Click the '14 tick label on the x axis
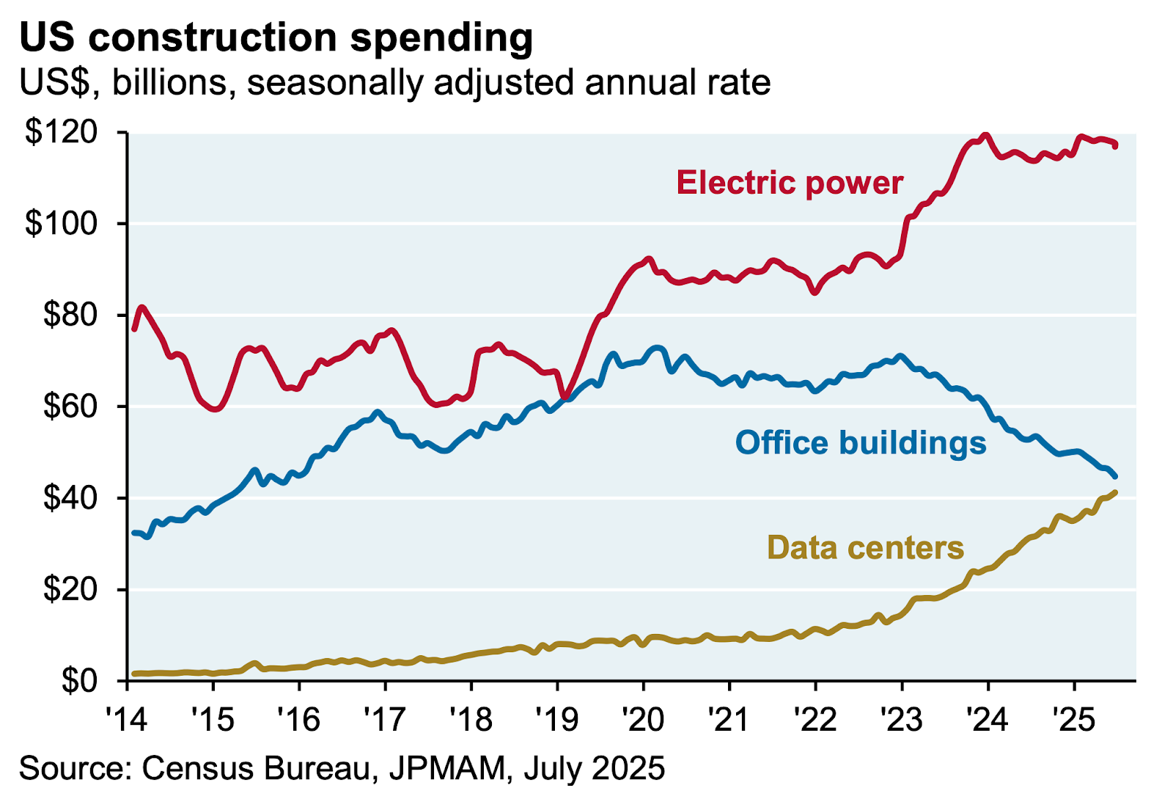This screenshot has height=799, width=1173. (x=127, y=720)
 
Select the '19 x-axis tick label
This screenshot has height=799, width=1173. (x=557, y=720)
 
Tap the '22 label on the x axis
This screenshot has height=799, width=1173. (x=815, y=720)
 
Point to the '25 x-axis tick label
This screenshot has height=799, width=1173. (x=1074, y=720)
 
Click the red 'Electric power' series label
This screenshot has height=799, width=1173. (x=789, y=183)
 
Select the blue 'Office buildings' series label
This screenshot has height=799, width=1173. (x=861, y=443)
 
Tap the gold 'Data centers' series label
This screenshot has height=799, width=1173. (x=865, y=548)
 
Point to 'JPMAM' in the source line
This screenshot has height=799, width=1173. (x=447, y=768)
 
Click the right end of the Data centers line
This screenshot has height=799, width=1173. (x=1114, y=492)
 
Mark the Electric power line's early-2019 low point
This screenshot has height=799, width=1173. (x=564, y=398)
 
